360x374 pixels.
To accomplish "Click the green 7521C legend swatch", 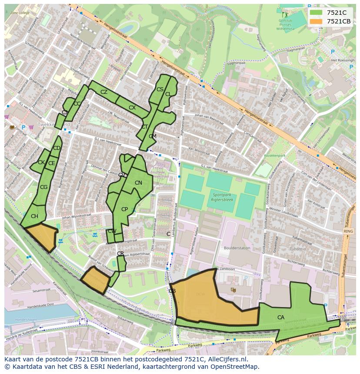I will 316,13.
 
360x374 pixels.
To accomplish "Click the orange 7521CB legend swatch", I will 316,21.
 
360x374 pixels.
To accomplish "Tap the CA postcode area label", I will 281,318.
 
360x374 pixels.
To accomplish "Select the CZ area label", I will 104,92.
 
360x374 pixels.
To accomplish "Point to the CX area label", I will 132,108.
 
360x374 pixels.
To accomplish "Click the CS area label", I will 160,89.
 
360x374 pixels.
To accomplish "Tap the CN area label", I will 138,183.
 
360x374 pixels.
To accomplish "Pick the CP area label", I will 124,209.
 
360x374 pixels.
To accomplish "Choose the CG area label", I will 43,187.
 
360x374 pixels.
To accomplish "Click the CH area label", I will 34,216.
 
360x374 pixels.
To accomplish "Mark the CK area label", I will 41,162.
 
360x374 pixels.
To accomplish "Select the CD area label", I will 57,148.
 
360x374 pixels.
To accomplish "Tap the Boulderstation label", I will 237,248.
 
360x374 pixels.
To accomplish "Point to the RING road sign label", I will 348,232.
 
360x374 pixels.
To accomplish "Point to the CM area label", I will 152,136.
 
